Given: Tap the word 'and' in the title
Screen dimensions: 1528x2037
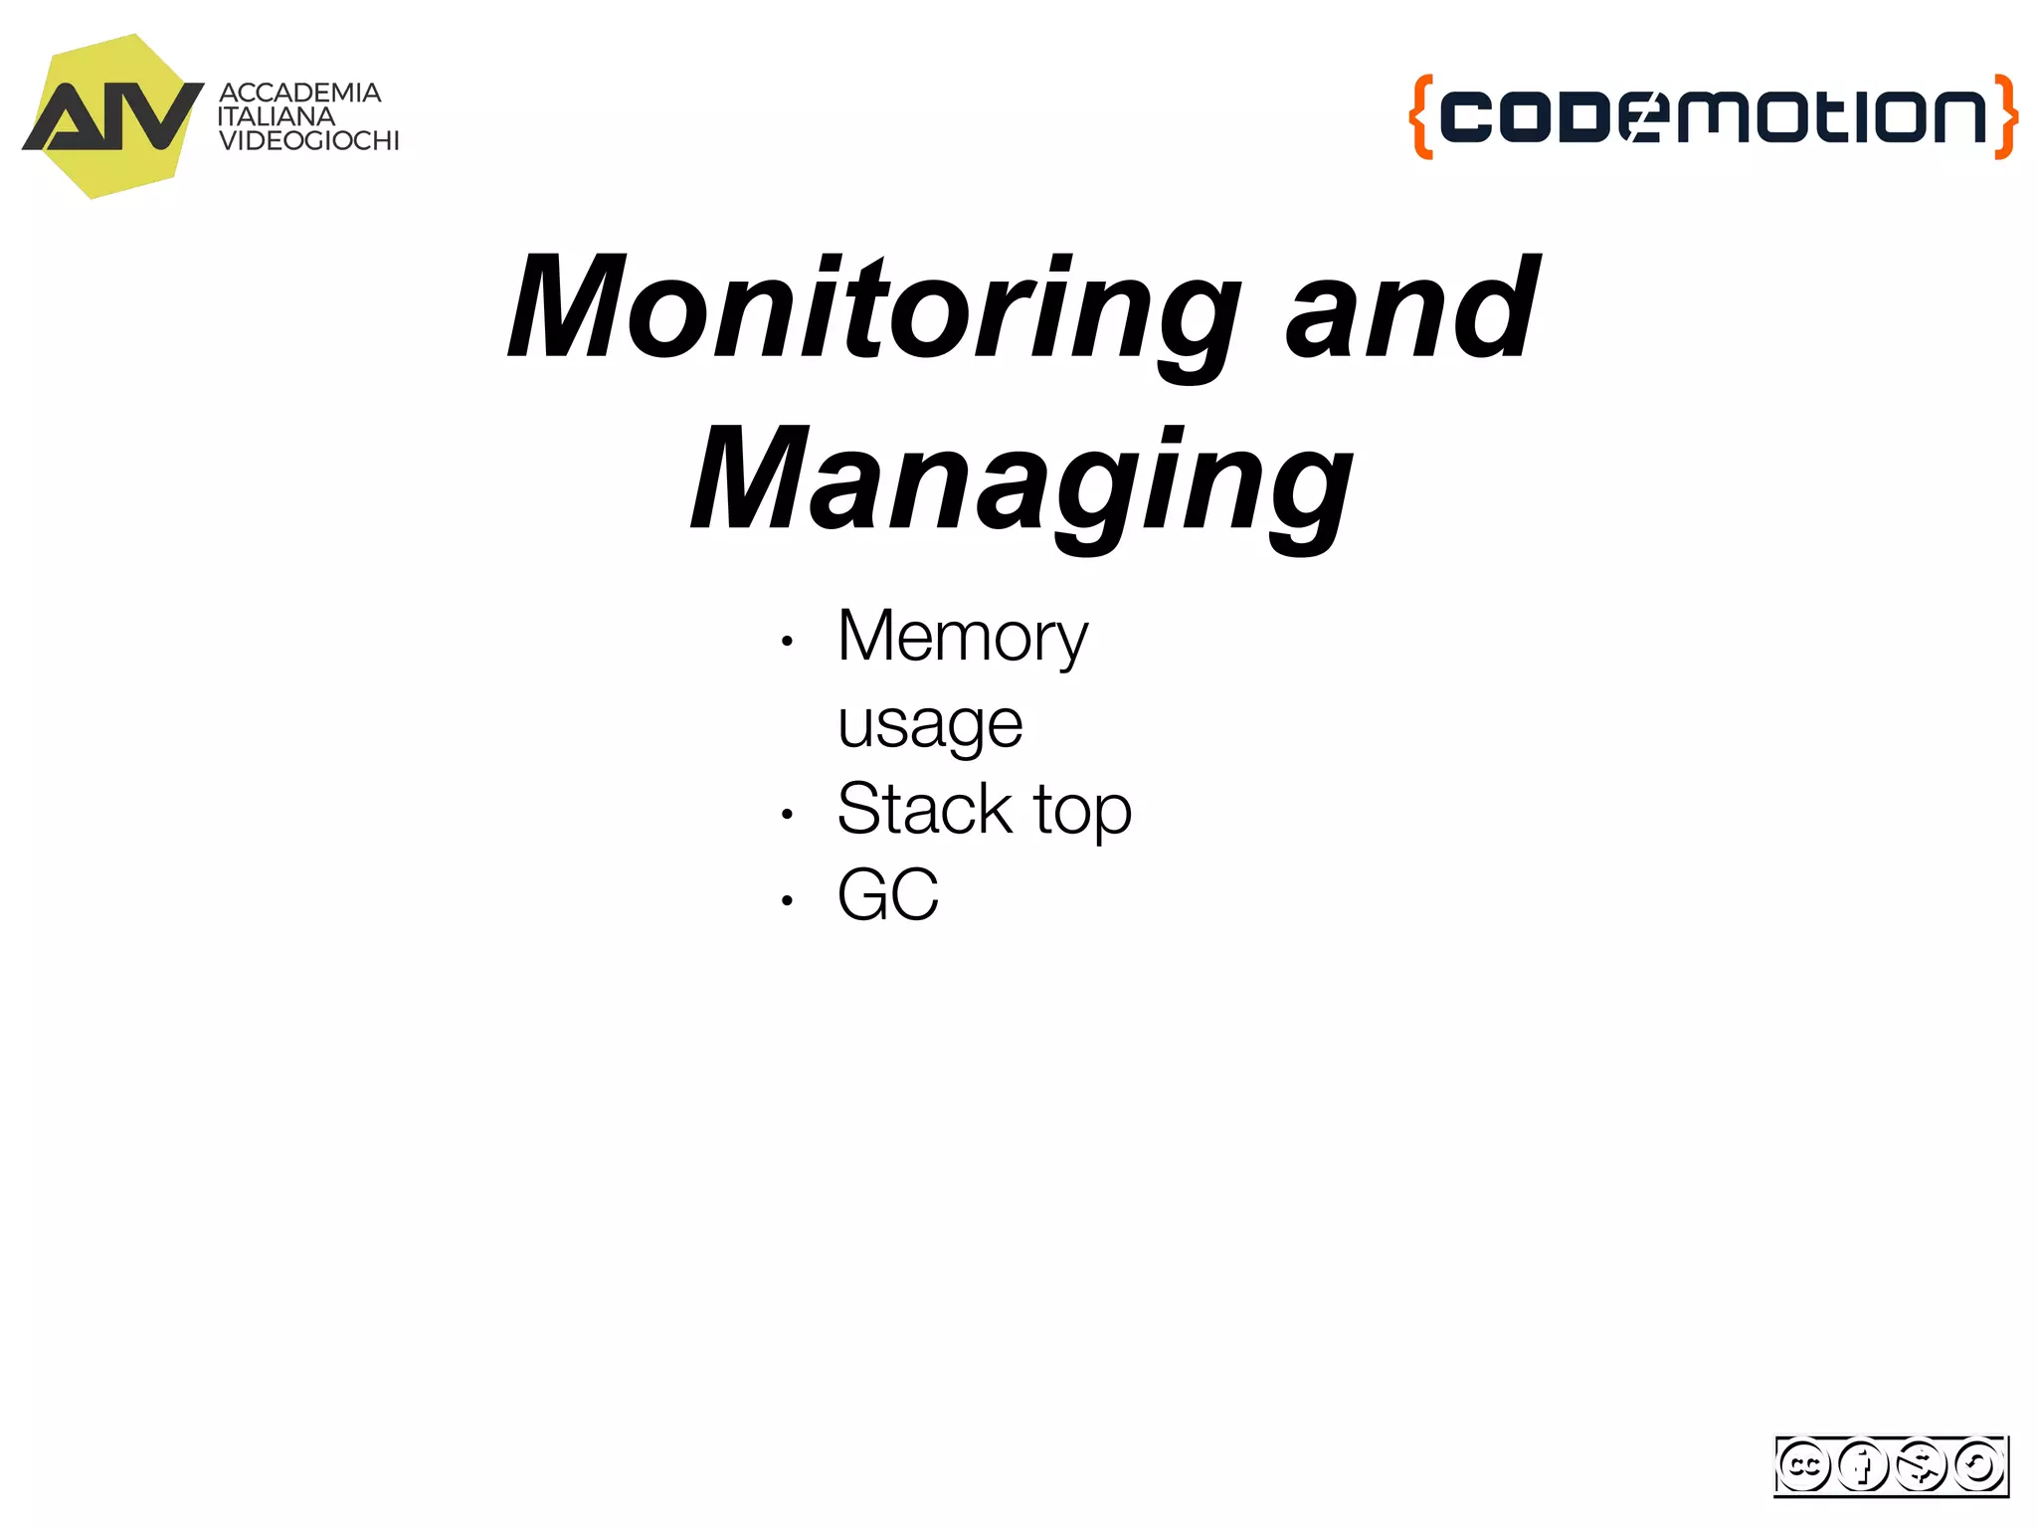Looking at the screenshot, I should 1412,308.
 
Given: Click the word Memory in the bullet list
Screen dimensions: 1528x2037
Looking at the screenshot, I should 962,637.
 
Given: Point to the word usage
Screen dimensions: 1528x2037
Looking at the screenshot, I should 930,723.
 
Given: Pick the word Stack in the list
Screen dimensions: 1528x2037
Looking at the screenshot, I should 924,809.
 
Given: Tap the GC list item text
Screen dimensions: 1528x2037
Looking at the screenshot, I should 887,895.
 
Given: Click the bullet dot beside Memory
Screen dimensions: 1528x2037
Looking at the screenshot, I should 787,642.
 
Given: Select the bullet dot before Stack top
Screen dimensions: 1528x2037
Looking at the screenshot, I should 787,815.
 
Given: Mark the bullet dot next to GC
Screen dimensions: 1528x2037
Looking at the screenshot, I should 787,901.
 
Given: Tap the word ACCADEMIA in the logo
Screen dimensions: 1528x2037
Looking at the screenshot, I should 299,93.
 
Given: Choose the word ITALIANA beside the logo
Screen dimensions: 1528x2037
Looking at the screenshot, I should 277,116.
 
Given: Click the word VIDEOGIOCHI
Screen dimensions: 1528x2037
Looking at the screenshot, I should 308,141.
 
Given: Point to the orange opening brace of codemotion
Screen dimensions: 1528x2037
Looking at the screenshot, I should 1421,116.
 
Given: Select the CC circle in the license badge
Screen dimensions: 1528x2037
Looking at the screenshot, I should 1803,1465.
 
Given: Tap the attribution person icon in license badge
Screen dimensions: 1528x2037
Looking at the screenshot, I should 1862,1465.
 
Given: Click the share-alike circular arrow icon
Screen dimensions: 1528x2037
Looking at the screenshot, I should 1978,1465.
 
